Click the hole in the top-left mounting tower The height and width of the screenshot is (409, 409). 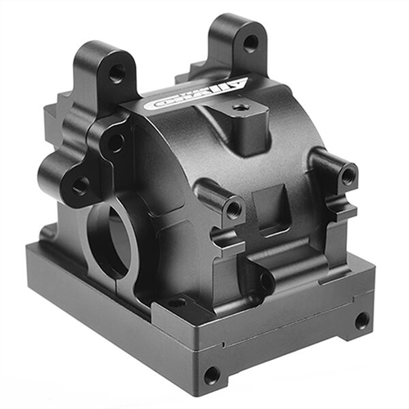(117, 74)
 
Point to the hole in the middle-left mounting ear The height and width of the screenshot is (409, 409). (115, 142)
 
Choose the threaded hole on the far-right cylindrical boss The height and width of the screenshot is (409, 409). (348, 174)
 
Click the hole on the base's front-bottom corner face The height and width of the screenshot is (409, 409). (211, 375)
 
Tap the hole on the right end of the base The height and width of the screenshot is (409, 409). (361, 321)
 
